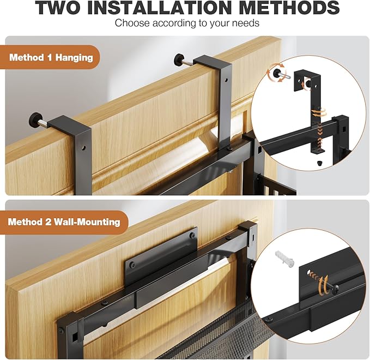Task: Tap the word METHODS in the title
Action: click(289, 8)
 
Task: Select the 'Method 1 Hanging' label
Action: click(51, 57)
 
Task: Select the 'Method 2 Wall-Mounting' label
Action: click(64, 222)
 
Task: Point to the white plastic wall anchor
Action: click(285, 259)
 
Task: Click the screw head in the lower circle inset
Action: click(336, 289)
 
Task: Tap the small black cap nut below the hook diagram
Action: click(319, 163)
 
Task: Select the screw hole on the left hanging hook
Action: click(83, 148)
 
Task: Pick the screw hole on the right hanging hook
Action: click(226, 81)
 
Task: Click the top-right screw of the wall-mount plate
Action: click(192, 235)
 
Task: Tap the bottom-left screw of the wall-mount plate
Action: click(132, 265)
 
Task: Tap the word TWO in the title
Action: click(58, 8)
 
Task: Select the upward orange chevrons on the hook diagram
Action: click(320, 142)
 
